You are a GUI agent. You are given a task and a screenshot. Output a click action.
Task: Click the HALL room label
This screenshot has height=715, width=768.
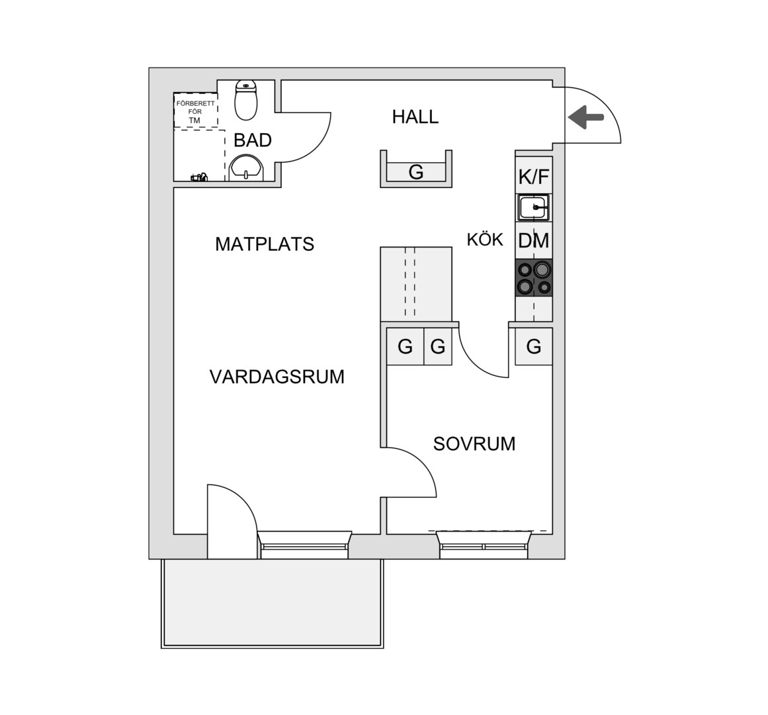[415, 117]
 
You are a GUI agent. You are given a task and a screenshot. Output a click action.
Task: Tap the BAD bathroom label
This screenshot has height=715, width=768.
[252, 140]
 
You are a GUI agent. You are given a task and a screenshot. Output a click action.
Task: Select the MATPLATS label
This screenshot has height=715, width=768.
[265, 244]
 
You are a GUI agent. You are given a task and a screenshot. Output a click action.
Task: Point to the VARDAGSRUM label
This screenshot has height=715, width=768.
[277, 377]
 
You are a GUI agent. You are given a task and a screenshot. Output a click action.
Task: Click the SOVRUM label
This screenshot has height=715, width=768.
[474, 444]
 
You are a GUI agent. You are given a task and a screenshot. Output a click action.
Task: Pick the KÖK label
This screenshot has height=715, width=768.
[485, 240]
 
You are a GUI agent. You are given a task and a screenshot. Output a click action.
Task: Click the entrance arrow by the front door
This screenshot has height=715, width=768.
[586, 117]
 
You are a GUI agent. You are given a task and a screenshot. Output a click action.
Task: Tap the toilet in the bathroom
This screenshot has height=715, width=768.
[246, 100]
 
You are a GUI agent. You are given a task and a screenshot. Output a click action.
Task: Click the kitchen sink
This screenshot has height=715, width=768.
[534, 207]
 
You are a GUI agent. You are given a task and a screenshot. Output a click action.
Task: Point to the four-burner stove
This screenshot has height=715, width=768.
[534, 278]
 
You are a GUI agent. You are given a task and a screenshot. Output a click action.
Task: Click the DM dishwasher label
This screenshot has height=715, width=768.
[534, 240]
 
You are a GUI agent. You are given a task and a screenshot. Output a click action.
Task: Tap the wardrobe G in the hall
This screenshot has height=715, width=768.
[416, 172]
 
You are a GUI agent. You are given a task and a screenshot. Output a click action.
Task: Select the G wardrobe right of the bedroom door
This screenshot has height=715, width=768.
[534, 346]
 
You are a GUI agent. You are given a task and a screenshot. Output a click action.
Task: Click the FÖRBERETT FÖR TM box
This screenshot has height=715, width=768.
[195, 111]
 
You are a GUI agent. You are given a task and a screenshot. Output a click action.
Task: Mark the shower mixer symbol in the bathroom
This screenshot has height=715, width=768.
[199, 176]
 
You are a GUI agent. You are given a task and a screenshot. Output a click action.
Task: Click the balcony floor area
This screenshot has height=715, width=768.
[273, 602]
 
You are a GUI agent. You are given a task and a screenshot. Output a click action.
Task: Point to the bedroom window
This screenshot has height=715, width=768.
[484, 545]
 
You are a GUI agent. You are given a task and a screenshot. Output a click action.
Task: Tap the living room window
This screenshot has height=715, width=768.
[304, 545]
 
